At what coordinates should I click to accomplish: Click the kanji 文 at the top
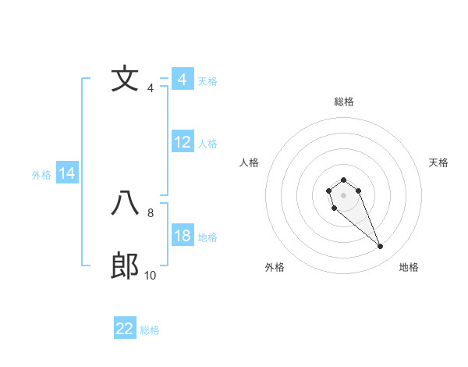pos(125,79)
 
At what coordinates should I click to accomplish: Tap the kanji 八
pos(125,204)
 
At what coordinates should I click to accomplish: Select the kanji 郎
pos(125,266)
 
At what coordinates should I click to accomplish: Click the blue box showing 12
pos(183,142)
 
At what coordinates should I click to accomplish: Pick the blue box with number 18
pos(183,236)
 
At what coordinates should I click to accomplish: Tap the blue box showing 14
pos(67,173)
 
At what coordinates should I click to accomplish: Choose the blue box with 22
pos(125,329)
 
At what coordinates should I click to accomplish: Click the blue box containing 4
pos(183,80)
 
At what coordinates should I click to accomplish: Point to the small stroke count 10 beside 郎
pos(151,275)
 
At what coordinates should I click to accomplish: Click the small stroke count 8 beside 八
pos(151,212)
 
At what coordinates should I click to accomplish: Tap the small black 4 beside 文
pos(151,87)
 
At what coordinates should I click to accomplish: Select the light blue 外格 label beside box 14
pos(41,175)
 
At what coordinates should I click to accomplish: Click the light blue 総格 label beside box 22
pos(150,330)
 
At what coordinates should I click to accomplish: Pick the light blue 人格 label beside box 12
pos(207,144)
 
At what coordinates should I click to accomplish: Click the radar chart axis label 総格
pos(343,102)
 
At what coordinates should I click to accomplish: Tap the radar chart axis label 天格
pos(438,162)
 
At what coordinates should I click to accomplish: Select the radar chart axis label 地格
pos(409,267)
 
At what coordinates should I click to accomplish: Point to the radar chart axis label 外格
pos(275,267)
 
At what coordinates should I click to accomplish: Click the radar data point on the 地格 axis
pos(381,247)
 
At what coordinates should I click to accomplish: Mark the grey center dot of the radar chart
pos(343,194)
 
